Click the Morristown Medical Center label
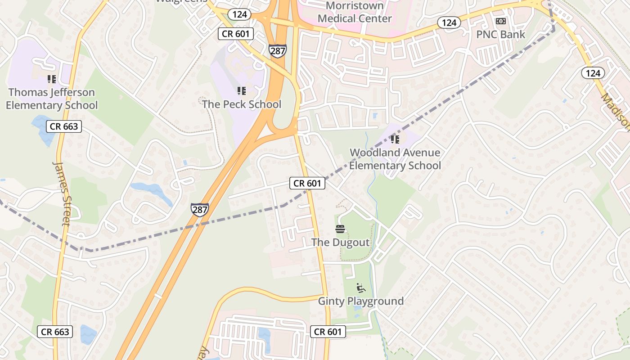[x=355, y=12]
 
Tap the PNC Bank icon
[x=500, y=21]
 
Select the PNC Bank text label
[x=500, y=35]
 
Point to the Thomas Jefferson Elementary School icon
[x=52, y=79]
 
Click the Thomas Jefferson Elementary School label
[x=52, y=99]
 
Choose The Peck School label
[x=242, y=104]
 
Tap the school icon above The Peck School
[x=242, y=91]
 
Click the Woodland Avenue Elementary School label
[x=395, y=159]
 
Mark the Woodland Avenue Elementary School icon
[x=395, y=139]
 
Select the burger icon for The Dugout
[x=340, y=229]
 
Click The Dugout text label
[x=340, y=243]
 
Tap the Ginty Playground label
[x=361, y=301]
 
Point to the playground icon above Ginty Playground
[x=361, y=288]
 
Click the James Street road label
[x=62, y=193]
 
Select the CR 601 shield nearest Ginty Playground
[x=328, y=332]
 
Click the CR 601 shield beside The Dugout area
[x=307, y=183]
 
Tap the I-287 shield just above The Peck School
[x=278, y=50]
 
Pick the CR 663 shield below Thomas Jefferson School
[x=64, y=126]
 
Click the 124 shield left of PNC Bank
[x=449, y=22]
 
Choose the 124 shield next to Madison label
[x=593, y=72]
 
